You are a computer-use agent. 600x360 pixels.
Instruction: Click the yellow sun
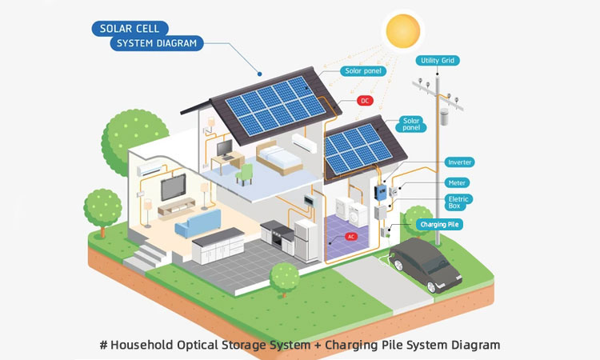tap(402, 31)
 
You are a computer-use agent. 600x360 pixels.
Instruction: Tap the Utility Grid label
tap(437, 61)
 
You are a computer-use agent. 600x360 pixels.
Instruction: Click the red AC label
tap(350, 237)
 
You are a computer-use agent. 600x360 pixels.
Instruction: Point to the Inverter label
tap(460, 162)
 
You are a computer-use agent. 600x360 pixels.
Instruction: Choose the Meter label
tap(457, 182)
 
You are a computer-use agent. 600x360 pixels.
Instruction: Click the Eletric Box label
tap(458, 202)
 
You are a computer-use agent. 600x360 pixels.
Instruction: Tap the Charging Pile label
tap(441, 225)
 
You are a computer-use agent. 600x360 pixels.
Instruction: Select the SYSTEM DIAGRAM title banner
tap(156, 44)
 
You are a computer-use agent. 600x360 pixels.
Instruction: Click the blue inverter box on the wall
tap(382, 193)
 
